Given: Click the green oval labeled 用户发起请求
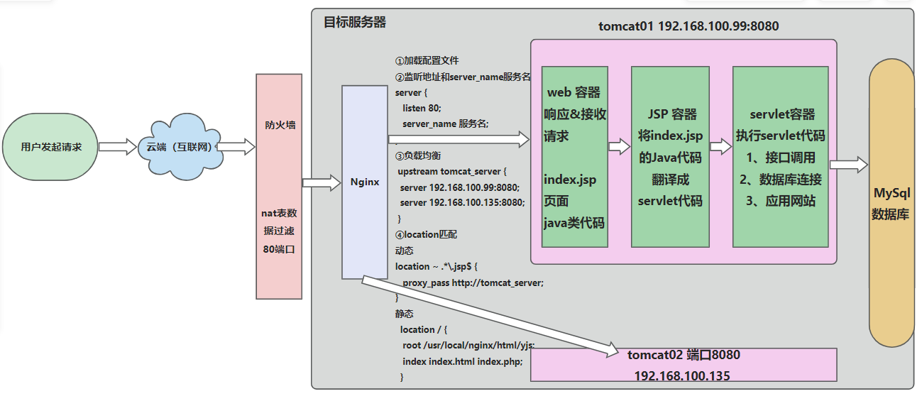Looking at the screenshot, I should [x=51, y=148].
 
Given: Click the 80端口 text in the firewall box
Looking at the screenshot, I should [x=278, y=249].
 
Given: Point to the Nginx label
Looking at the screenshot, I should [x=365, y=182].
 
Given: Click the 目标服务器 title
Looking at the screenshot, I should [x=355, y=22].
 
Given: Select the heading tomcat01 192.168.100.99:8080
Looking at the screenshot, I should [x=688, y=26].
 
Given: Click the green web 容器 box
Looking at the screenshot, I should [x=574, y=157].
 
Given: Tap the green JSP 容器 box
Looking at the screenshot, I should [x=670, y=157].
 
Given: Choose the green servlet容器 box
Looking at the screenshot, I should [x=780, y=157].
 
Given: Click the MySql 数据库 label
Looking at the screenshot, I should [x=891, y=204].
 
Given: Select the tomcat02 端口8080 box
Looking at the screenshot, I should [x=684, y=364].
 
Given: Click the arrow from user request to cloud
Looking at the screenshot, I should [x=117, y=147].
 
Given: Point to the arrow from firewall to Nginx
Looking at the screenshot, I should [x=322, y=182].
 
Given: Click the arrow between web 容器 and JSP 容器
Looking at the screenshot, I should [x=620, y=147].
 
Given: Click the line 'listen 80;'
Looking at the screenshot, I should [x=422, y=108].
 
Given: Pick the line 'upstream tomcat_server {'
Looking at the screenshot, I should [x=452, y=172].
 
